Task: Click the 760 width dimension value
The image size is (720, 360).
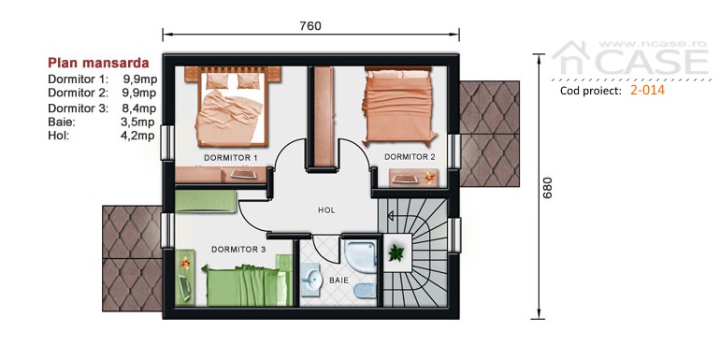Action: tap(310, 26)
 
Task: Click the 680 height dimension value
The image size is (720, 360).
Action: tap(548, 187)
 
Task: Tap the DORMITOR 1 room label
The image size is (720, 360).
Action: tap(231, 158)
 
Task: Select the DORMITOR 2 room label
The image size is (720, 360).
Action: tap(410, 156)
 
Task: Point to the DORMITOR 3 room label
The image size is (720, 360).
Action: tap(238, 250)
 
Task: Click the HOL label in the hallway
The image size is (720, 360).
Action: tap(326, 210)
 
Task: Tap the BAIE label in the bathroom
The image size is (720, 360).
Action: tap(338, 281)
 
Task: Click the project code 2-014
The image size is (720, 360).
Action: tap(647, 90)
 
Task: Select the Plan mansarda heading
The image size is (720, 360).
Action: tap(99, 63)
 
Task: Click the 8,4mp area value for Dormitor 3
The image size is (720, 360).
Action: tap(138, 108)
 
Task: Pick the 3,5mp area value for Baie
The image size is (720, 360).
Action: tap(138, 122)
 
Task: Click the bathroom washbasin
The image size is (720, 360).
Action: tap(311, 279)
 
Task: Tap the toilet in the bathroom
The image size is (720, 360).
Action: tap(366, 291)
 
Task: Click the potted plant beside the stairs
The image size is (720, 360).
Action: tap(396, 252)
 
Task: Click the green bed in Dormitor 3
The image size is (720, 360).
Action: tap(243, 284)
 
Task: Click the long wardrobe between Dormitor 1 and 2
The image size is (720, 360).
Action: tap(324, 117)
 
